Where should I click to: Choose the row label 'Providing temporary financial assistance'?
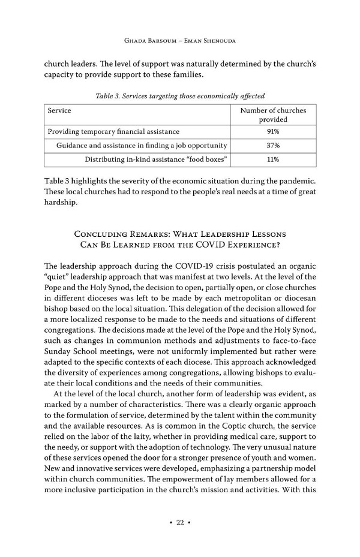pos(113,131)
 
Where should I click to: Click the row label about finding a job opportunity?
pos(141,146)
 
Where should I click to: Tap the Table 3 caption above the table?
pos(180,96)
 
